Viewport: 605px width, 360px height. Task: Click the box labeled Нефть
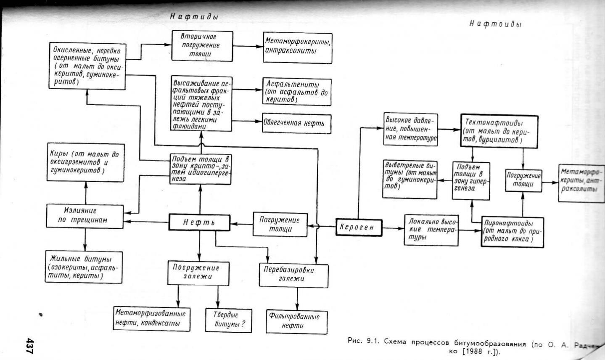(x=199, y=222)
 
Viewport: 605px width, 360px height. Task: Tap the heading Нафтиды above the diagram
(x=194, y=17)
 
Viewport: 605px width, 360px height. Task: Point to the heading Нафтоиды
(x=495, y=24)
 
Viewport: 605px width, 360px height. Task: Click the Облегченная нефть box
(x=296, y=124)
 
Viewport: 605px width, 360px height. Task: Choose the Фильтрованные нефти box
(x=297, y=321)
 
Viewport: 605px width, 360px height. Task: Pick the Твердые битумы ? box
(x=228, y=320)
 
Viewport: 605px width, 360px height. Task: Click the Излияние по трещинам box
(x=85, y=215)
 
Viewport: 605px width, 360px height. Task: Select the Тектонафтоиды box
(x=499, y=131)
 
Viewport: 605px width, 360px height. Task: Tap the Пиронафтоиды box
(x=512, y=231)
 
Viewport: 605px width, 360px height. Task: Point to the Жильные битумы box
(x=84, y=266)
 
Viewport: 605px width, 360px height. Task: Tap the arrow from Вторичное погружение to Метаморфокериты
(x=248, y=46)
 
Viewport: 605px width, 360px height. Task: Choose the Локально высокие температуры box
(x=431, y=229)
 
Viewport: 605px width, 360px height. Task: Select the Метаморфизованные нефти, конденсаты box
(x=151, y=319)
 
